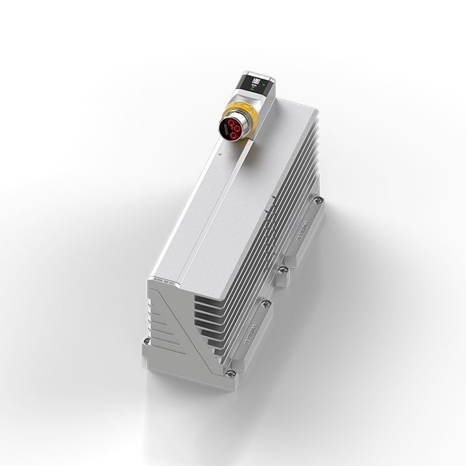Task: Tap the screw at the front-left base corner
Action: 147,341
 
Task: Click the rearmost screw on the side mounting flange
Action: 316,203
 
